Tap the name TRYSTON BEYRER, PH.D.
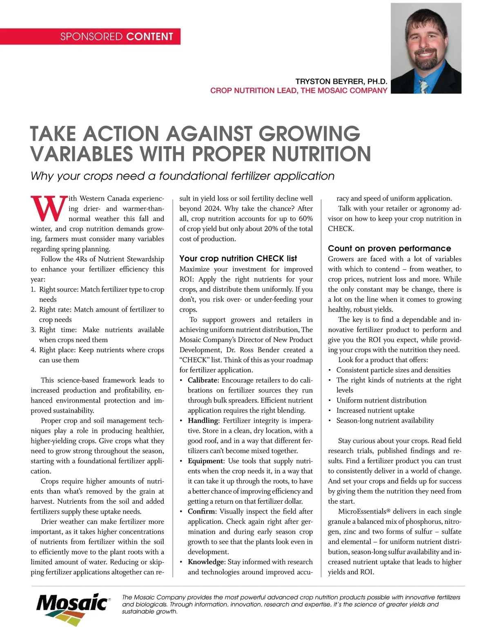pos(341,81)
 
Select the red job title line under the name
pos(298,90)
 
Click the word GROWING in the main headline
pos(309,134)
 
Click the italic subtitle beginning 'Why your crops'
pos(182,176)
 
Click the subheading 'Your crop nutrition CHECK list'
pos(238,258)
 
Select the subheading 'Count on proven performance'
pos(389,248)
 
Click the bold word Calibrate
pos(203,380)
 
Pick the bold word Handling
pos(203,421)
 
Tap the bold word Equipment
pos(205,461)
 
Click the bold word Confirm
pos(202,512)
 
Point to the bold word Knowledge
pos(206,562)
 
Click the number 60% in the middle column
pos(305,218)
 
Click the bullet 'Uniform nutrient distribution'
pos(381,400)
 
